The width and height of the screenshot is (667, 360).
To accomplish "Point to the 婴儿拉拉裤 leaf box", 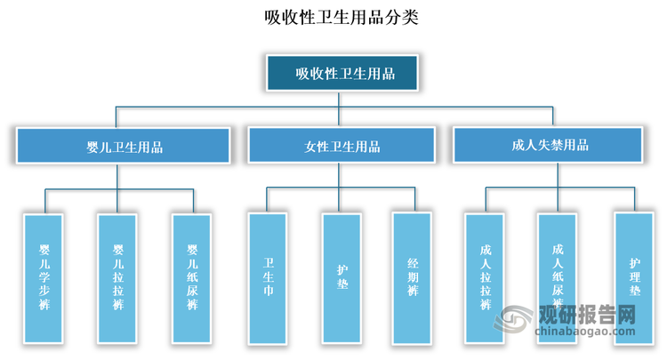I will (x=118, y=278).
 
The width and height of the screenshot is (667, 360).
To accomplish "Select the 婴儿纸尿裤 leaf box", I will (x=192, y=278).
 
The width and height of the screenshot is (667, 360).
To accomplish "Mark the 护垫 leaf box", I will (x=342, y=277).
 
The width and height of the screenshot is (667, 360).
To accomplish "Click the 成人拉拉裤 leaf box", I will (x=485, y=277).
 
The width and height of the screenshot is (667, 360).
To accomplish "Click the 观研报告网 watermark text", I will (x=583, y=315).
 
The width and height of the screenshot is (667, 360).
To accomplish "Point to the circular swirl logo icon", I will (x=515, y=323).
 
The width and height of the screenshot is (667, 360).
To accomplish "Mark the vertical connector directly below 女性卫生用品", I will (x=342, y=176).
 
